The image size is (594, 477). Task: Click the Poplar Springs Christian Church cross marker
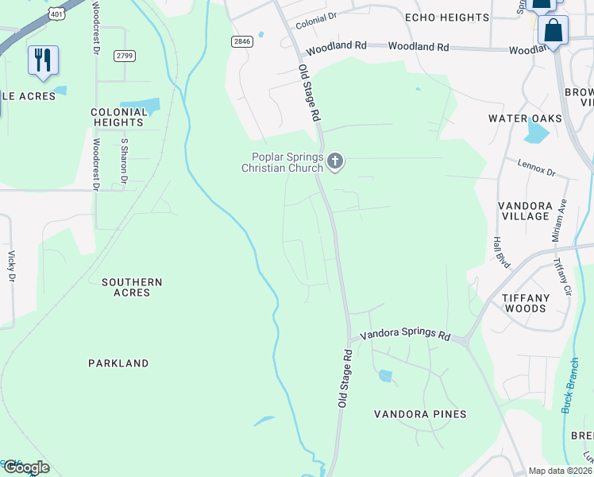click(335, 161)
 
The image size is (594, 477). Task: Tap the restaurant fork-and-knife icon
click(43, 60)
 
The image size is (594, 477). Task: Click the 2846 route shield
click(242, 41)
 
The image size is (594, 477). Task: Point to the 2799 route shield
click(125, 55)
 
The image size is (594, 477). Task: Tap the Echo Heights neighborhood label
click(446, 17)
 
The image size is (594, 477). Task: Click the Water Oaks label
click(525, 118)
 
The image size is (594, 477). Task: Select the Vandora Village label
click(524, 211)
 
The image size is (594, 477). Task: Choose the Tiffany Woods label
click(525, 303)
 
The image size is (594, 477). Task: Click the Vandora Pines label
click(420, 414)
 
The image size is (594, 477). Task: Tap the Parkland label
click(118, 363)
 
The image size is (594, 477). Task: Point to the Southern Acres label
click(132, 287)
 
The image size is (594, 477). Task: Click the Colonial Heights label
click(119, 118)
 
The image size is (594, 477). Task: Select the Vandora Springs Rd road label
click(405, 335)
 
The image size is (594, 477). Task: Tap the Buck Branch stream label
click(571, 385)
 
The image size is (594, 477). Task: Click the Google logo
click(25, 467)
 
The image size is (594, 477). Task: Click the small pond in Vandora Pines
click(385, 375)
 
